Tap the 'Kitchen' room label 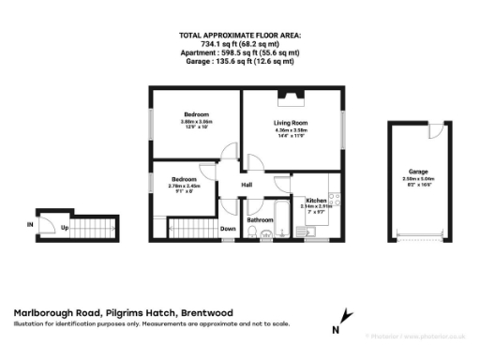point(315,199)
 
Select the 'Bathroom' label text point(260,220)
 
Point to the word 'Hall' point(247,185)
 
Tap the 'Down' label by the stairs point(228,228)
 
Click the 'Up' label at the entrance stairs point(65,227)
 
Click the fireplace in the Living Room point(288,94)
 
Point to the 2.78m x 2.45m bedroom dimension point(184,186)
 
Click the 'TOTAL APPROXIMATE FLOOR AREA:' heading point(240,35)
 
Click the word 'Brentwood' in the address point(204,313)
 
